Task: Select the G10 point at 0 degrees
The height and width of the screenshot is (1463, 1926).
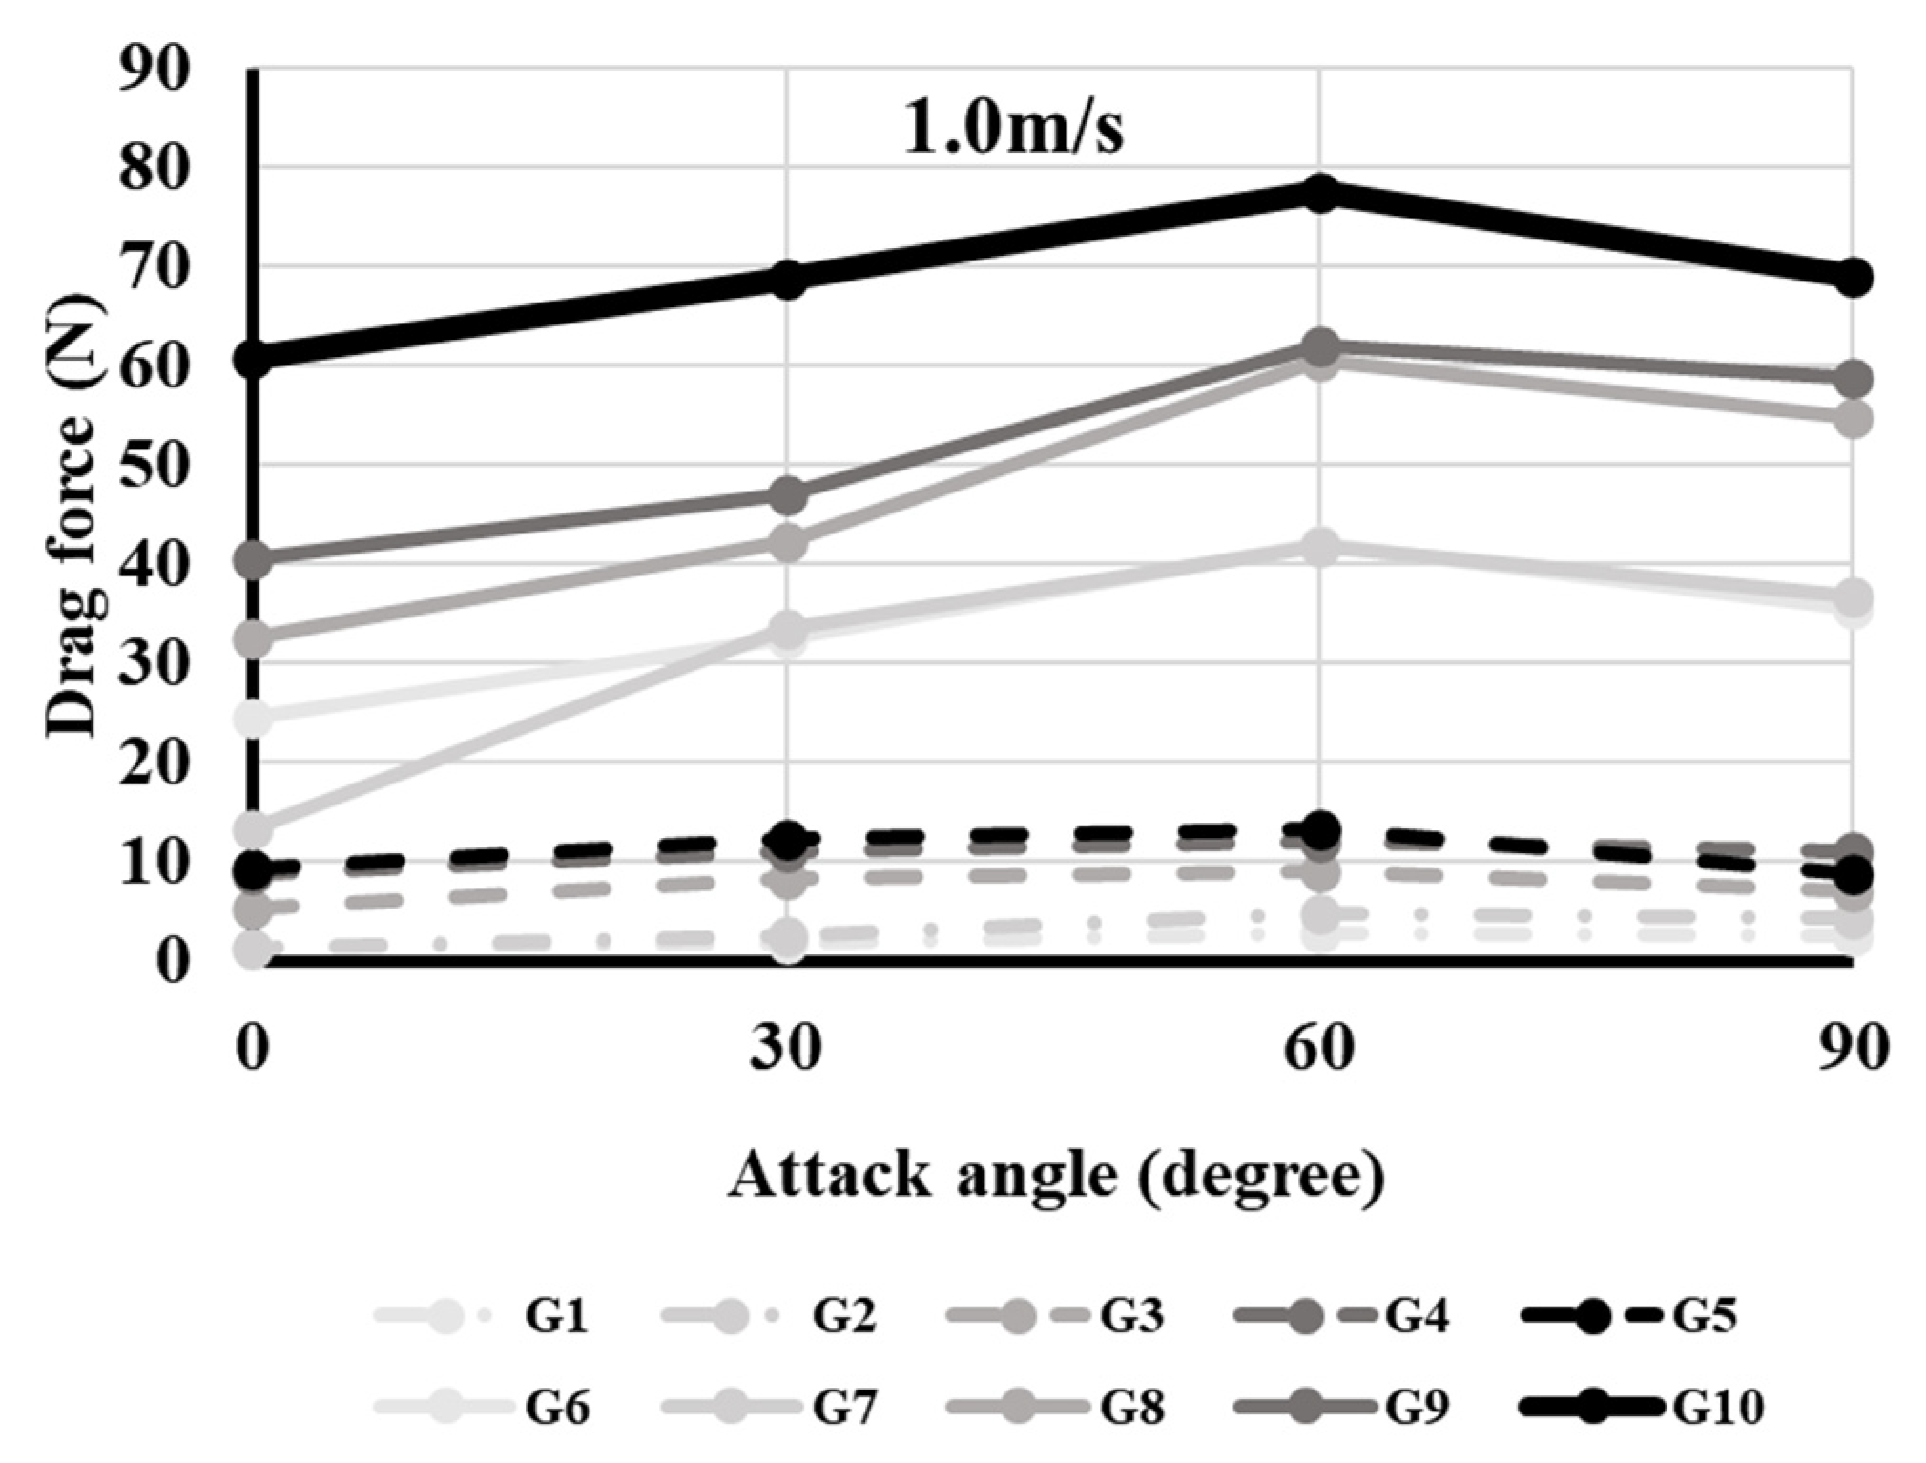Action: (253, 359)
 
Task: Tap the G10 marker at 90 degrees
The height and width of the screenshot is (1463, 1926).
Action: (1853, 278)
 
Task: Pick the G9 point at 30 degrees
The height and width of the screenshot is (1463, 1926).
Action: (787, 495)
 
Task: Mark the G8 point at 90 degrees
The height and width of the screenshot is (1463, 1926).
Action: (1853, 419)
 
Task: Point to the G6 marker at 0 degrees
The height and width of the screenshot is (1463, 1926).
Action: (253, 717)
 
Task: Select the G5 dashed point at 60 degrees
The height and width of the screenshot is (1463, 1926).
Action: (1320, 829)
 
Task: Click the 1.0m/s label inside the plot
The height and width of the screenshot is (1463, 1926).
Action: (1013, 129)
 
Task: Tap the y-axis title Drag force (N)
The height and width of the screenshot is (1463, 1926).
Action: (73, 515)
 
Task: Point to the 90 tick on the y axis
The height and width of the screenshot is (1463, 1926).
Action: (154, 69)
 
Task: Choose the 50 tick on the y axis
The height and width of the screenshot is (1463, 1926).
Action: (154, 466)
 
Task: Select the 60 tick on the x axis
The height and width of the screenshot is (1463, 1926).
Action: (1320, 1048)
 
